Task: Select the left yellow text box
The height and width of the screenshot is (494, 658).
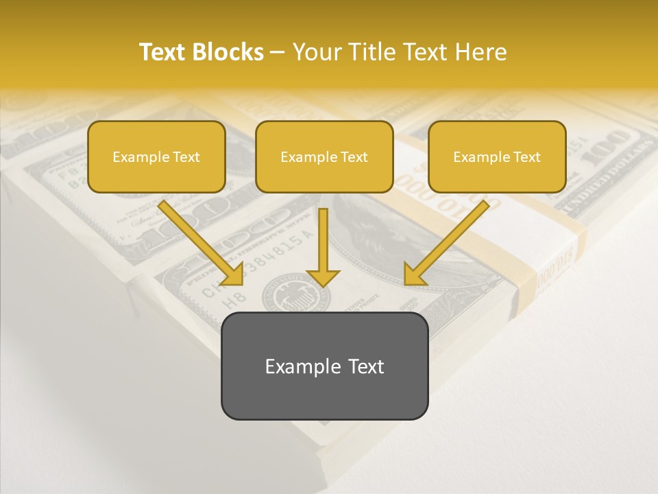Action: tap(156, 156)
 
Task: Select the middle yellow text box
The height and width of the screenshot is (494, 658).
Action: tap(324, 156)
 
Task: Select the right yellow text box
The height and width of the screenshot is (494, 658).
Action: tap(497, 156)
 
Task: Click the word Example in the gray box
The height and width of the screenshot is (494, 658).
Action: tap(293, 366)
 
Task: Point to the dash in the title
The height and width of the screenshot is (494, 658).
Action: tap(278, 53)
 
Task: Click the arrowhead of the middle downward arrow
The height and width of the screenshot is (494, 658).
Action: tap(323, 277)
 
